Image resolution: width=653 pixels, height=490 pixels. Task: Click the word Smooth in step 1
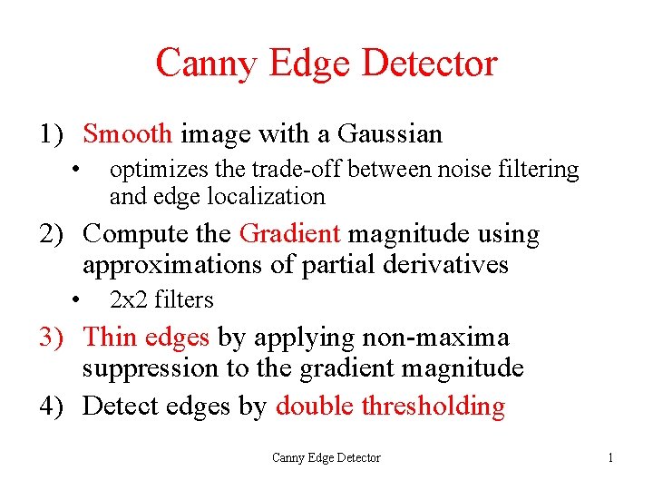coord(127,134)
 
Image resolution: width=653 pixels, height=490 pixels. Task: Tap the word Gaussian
coord(390,134)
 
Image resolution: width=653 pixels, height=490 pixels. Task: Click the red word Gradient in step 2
coord(290,234)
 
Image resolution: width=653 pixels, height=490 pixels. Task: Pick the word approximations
coord(170,266)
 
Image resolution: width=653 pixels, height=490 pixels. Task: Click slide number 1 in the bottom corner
coord(610,458)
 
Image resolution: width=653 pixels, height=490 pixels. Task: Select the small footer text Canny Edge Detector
coord(326,458)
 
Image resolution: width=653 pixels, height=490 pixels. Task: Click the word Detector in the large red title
coord(429,64)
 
